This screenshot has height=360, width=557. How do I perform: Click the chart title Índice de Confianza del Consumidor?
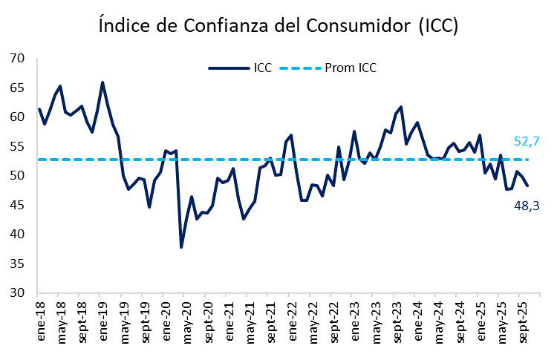coord(278,27)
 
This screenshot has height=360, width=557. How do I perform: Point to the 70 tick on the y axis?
coord(19,59)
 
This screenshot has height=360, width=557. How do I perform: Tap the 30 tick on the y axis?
coord(19,293)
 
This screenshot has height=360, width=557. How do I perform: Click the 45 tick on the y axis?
coord(19,206)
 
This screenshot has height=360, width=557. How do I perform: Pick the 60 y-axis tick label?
coord(19,117)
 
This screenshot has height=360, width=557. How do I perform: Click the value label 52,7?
coord(526,141)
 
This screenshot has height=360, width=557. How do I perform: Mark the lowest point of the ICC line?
coord(181,247)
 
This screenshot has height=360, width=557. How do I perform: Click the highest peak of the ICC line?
coord(102,82)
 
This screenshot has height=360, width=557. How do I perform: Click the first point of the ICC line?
coord(39,109)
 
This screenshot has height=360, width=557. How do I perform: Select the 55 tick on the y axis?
coord(19,147)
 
